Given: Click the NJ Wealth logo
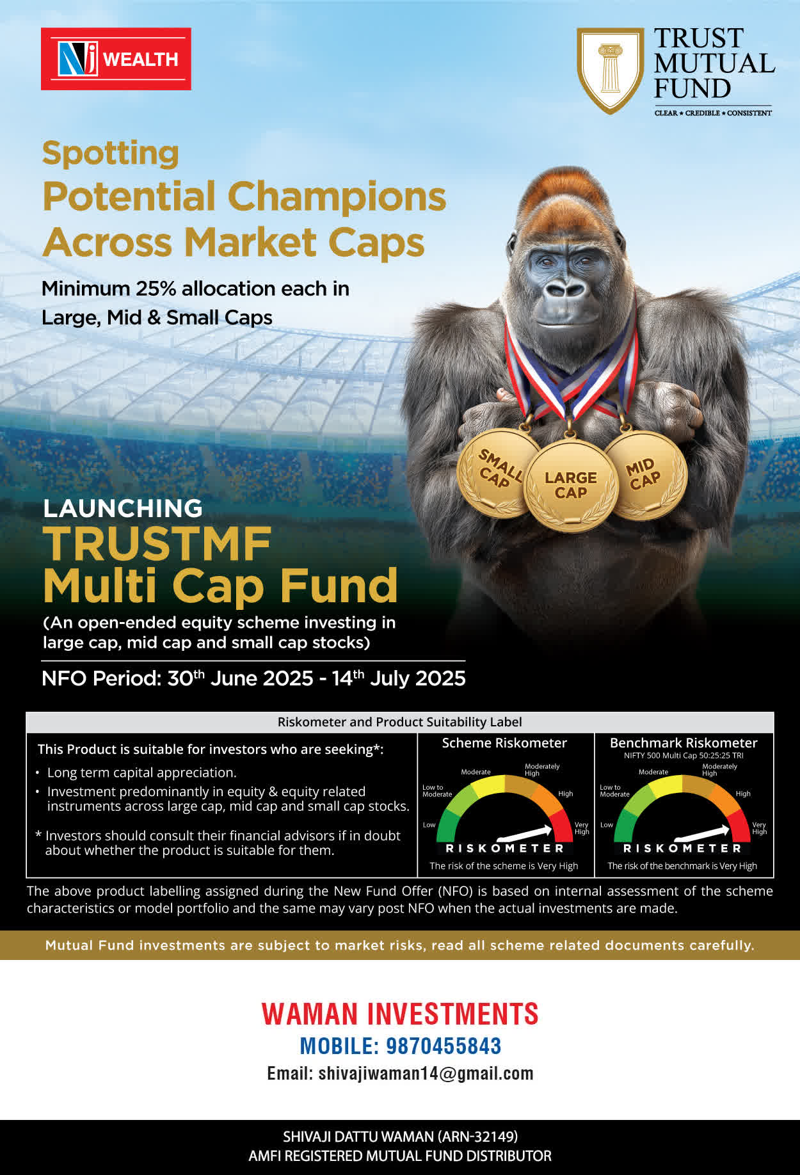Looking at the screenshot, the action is (x=116, y=59).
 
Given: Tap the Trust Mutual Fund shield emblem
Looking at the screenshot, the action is (x=610, y=70).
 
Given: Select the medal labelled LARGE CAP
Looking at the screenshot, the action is (x=570, y=485).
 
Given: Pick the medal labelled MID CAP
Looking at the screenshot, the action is (x=644, y=474).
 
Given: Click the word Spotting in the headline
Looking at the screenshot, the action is (x=110, y=154).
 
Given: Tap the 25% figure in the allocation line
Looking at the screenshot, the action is (x=156, y=289).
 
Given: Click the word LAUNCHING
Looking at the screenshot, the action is (x=123, y=508).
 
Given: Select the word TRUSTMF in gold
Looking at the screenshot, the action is (x=157, y=545).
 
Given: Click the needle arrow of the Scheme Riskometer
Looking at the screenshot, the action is (x=524, y=833).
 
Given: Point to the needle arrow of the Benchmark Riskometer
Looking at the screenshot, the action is (x=702, y=833).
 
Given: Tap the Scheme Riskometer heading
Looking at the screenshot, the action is (x=504, y=743).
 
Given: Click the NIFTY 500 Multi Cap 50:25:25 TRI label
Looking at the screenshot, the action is (x=684, y=756).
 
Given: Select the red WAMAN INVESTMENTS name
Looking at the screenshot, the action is (x=400, y=1014).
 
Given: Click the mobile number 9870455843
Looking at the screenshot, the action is (x=444, y=1046).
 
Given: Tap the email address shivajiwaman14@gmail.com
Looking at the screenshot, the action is (x=426, y=1073).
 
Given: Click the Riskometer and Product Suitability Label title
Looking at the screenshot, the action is (x=400, y=722).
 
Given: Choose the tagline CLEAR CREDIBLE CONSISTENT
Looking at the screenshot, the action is (x=713, y=113).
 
